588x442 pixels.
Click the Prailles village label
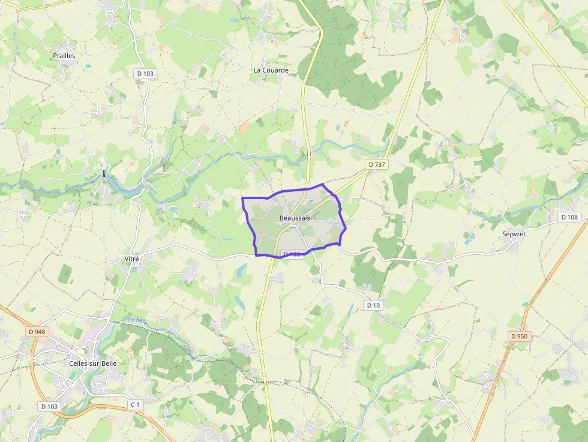pyautogui.click(x=64, y=56)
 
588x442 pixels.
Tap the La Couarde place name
pyautogui.click(x=271, y=70)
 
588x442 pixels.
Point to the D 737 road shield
pyautogui.click(x=377, y=164)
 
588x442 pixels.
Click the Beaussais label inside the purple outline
pyautogui.click(x=295, y=218)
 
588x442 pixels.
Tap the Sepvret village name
pyautogui.click(x=514, y=234)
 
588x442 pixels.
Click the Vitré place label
pyautogui.click(x=131, y=258)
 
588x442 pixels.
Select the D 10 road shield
pyautogui.click(x=373, y=305)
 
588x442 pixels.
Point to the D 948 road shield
pyautogui.click(x=37, y=332)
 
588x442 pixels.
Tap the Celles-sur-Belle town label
pyautogui.click(x=92, y=363)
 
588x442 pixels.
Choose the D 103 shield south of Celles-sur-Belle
pyautogui.click(x=50, y=407)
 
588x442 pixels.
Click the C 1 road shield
pyautogui.click(x=136, y=405)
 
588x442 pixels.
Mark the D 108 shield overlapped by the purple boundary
pyautogui.click(x=292, y=254)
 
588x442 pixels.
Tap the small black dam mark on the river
pyautogui.click(x=104, y=173)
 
